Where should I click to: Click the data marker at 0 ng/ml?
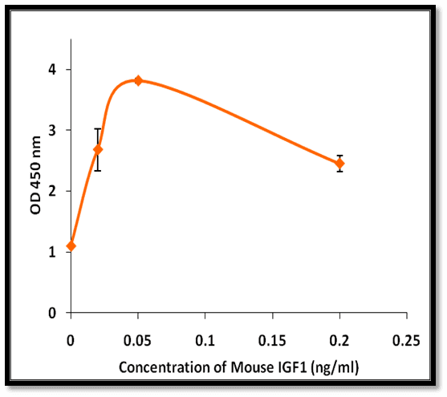pos(71,246)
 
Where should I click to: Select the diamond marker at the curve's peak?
pos(138,81)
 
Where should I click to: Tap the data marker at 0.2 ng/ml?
pos(339,164)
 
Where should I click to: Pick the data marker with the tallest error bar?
pos(98,150)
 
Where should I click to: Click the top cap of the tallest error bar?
pos(98,129)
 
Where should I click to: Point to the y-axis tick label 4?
pos(52,69)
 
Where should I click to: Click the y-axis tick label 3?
pos(52,130)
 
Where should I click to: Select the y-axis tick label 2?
pos(52,191)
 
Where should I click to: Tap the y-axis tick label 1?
pos(52,252)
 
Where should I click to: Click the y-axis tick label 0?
pos(52,313)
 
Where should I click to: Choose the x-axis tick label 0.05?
pos(137,341)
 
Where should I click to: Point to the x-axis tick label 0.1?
pos(205,341)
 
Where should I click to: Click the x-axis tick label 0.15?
pos(272,341)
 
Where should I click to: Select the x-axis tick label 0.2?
pos(339,341)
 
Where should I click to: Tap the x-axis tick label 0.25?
pos(406,341)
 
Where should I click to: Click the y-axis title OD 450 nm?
pos(35,176)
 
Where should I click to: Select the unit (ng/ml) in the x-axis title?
pos(335,368)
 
